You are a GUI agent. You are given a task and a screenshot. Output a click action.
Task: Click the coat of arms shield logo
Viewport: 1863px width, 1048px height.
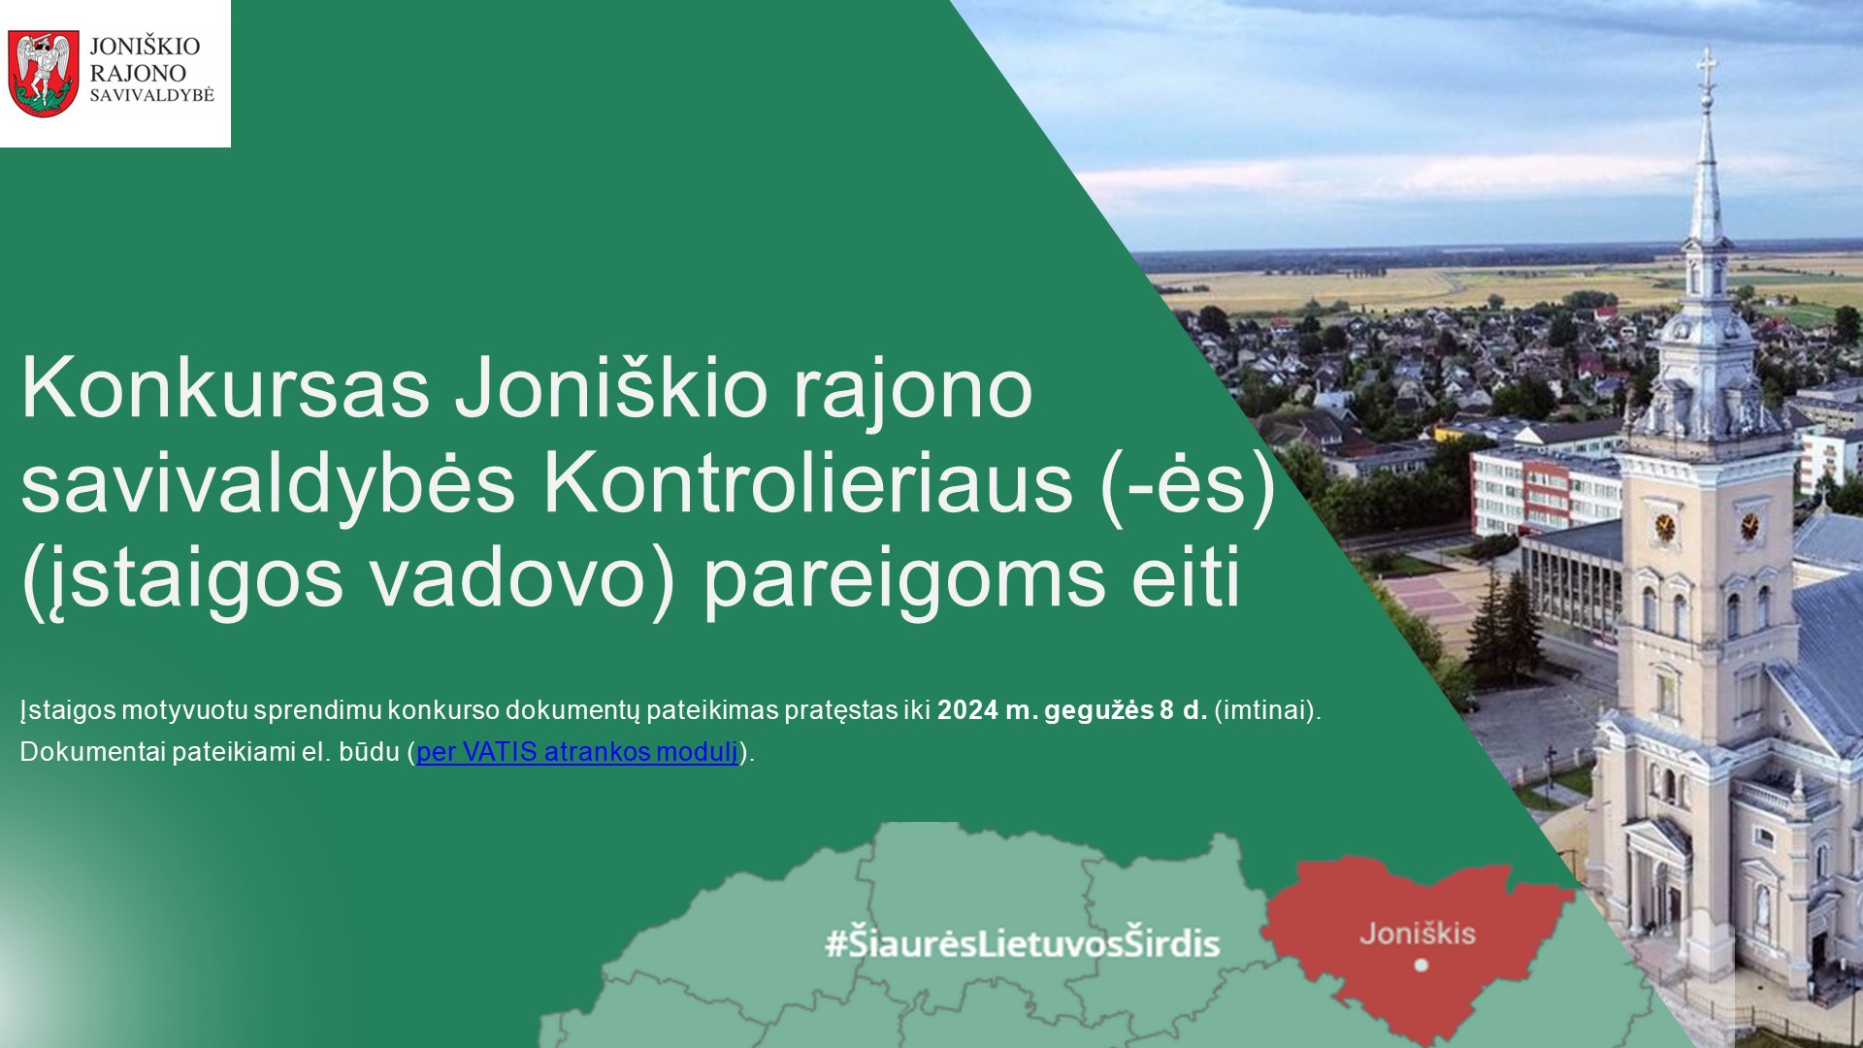tap(44, 73)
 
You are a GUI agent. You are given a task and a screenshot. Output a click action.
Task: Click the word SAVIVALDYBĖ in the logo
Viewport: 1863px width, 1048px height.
tap(151, 95)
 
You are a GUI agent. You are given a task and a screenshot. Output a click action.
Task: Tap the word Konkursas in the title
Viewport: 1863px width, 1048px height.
tap(225, 388)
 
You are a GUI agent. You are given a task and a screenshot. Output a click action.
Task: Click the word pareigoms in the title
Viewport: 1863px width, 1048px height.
tap(904, 580)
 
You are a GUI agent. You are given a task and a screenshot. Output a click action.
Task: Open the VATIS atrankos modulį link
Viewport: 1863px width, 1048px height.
tap(576, 752)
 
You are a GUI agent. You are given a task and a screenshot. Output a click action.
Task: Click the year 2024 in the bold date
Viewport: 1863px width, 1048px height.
tap(967, 710)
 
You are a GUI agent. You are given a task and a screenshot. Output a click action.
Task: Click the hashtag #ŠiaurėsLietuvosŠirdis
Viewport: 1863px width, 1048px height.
tap(1022, 943)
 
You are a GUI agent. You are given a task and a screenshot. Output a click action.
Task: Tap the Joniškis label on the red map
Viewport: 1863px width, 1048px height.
tap(1418, 934)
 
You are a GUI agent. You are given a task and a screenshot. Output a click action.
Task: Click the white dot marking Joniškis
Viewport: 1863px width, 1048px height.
tap(1422, 965)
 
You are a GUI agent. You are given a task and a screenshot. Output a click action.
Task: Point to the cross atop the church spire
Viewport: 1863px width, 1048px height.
tap(1706, 68)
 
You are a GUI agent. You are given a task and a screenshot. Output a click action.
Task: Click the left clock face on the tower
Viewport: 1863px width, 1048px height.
tap(1665, 528)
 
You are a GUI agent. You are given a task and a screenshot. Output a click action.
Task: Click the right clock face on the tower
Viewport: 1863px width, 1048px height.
tap(1749, 527)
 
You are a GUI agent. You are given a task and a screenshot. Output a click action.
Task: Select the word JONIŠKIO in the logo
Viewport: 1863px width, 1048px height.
tap(145, 46)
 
